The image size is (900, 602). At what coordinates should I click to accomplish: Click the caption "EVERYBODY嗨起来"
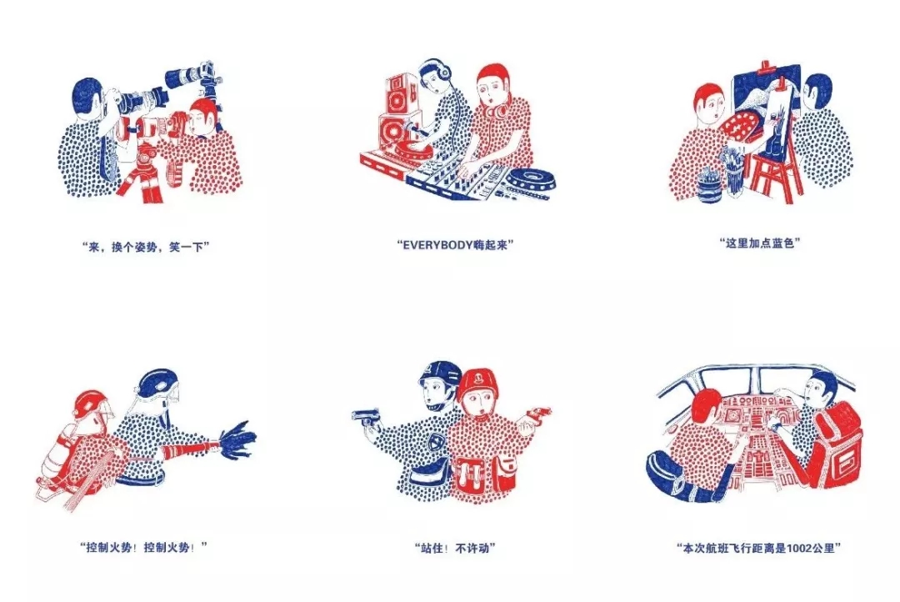pos(455,244)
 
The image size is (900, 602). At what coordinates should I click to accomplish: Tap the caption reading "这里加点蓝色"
pos(760,243)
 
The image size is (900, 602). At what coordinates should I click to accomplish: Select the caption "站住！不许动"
pos(455,548)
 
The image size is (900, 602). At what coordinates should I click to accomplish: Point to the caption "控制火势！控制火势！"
pos(143,547)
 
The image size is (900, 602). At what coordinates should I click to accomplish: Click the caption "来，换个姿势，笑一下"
pos(146,247)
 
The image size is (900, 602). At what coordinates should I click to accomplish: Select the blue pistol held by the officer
pos(366,415)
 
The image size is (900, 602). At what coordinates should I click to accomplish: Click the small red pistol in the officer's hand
pos(539,412)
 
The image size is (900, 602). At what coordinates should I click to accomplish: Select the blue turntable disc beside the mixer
pos(530,180)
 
